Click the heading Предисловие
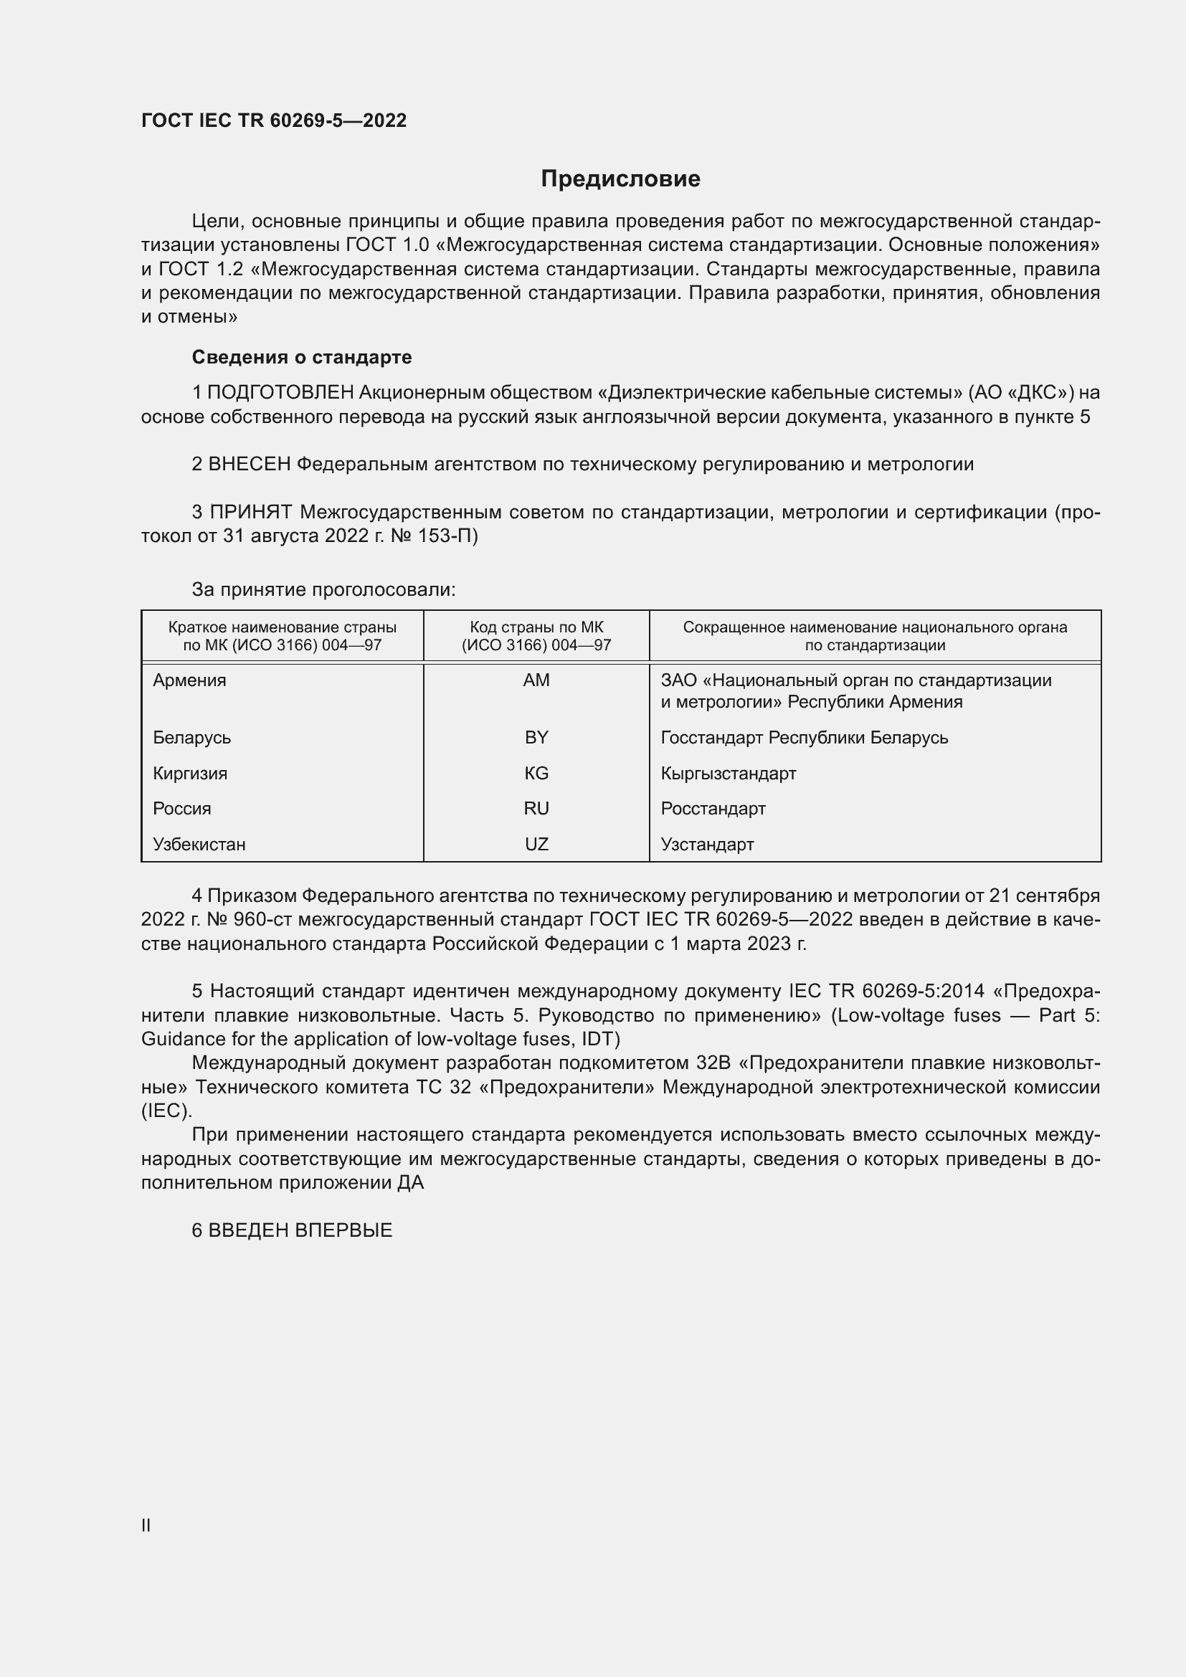click(620, 179)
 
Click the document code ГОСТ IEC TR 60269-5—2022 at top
click(274, 121)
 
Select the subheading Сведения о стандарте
click(302, 357)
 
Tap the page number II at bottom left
click(146, 1525)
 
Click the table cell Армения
click(190, 680)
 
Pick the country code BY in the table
click(536, 738)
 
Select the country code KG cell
click(536, 774)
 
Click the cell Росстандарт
click(713, 809)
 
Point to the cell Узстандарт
click(707, 845)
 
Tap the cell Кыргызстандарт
click(728, 774)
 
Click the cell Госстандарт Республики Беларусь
click(804, 738)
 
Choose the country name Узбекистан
click(199, 845)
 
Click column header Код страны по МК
click(536, 627)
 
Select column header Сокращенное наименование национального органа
click(874, 627)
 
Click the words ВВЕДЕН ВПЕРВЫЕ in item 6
click(300, 1231)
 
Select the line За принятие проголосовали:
click(323, 589)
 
